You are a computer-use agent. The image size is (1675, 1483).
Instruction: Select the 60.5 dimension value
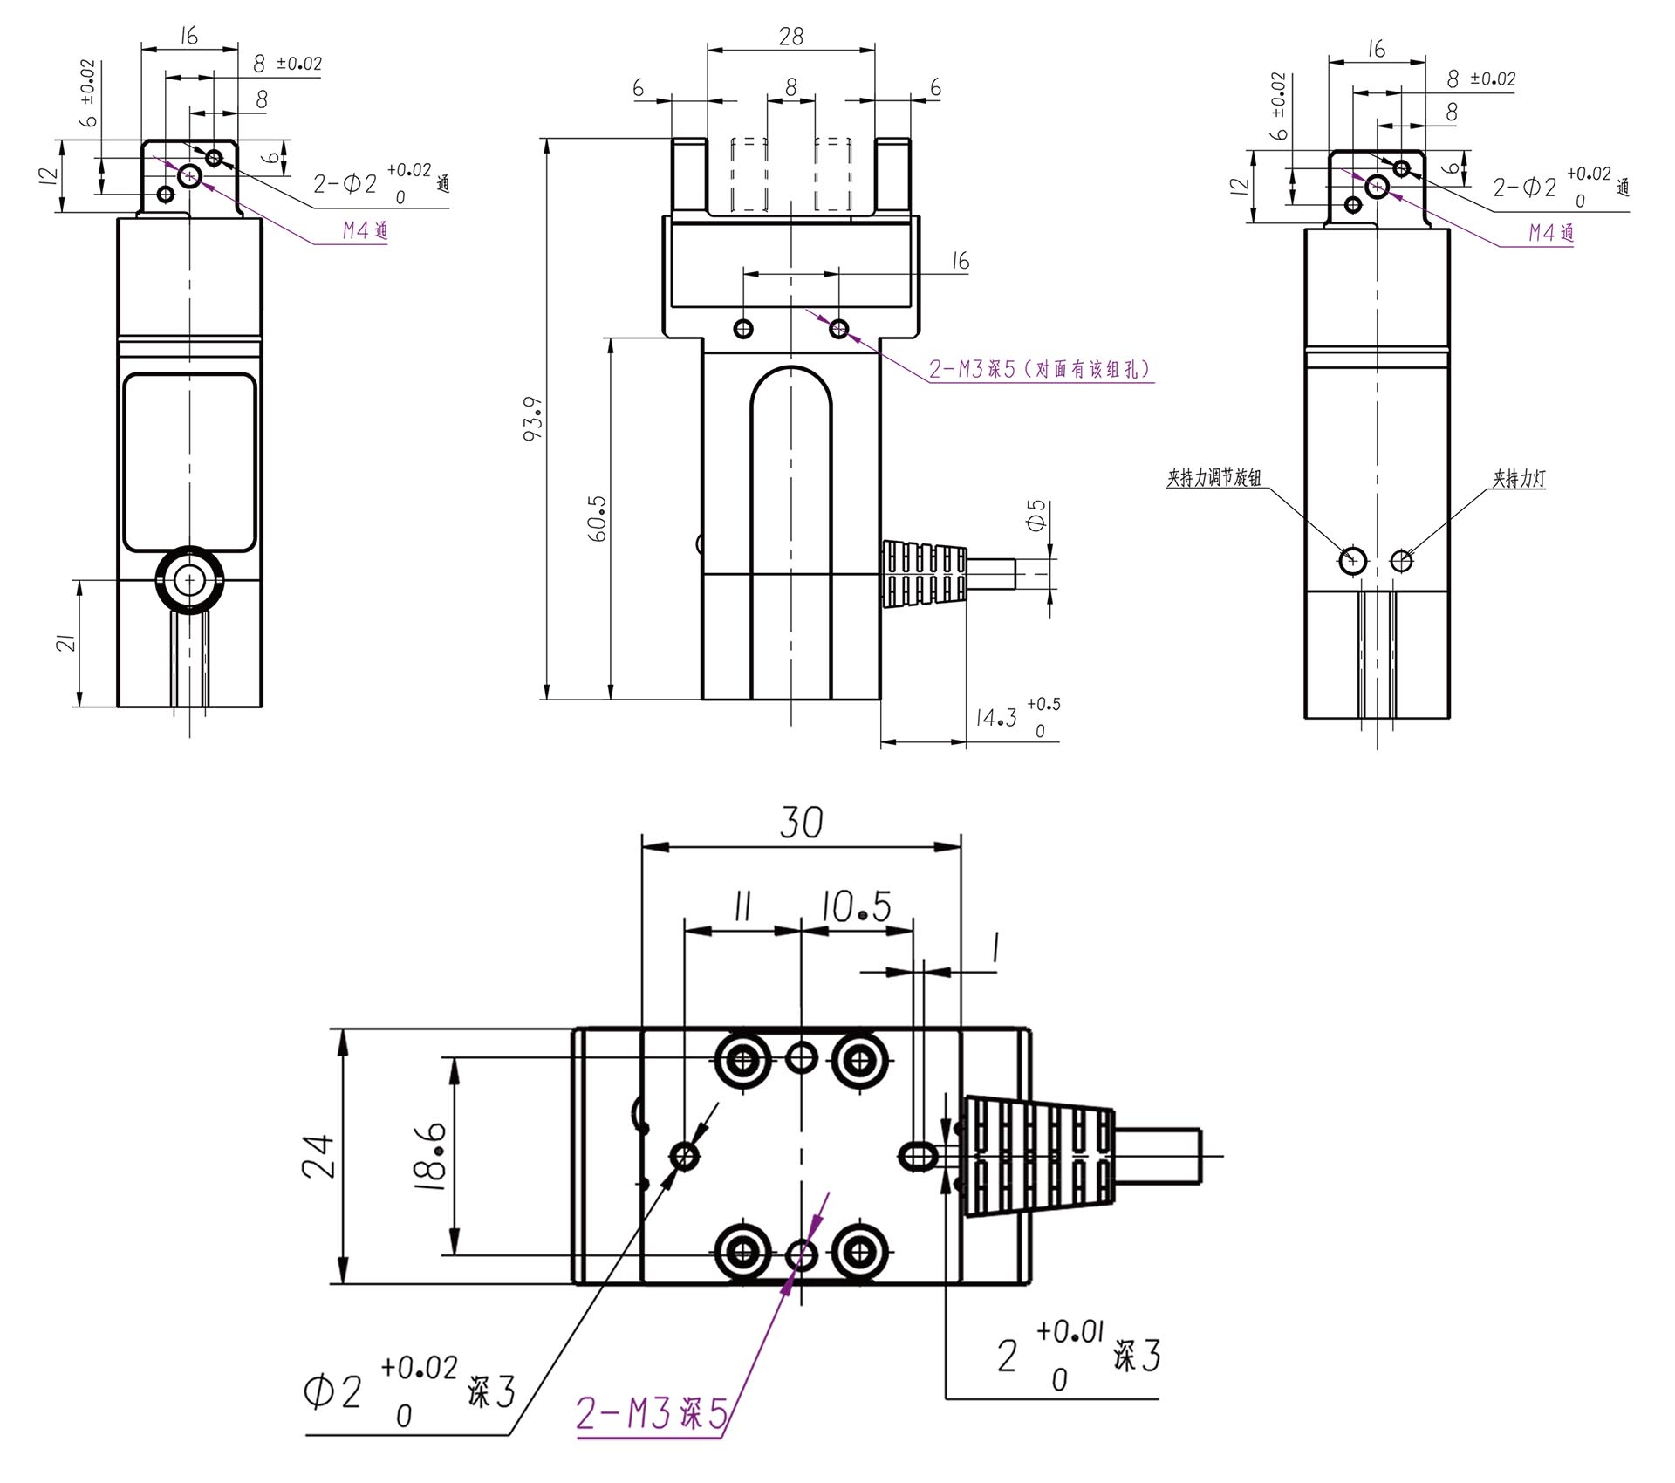(598, 519)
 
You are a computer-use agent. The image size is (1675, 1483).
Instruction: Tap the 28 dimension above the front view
(791, 36)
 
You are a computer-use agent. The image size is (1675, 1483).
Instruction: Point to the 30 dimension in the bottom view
(801, 823)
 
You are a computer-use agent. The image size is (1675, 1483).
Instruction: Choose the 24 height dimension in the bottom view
(318, 1156)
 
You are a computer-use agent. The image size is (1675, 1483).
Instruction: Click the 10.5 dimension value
(856, 907)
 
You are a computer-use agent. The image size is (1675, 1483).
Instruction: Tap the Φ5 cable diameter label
(1036, 516)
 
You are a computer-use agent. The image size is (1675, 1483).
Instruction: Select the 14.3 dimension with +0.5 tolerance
(1017, 717)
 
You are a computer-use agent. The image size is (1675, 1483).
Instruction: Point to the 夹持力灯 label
(1519, 478)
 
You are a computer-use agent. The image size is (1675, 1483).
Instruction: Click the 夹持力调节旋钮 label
(1214, 478)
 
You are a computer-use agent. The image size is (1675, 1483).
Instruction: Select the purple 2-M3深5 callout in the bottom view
(652, 1413)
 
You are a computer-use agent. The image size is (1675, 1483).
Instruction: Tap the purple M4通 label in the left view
(365, 230)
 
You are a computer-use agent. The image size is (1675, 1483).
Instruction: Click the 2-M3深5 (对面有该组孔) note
(1041, 369)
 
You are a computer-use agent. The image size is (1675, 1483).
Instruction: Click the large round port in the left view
(189, 580)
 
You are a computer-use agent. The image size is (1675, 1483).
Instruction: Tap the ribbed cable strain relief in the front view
(926, 573)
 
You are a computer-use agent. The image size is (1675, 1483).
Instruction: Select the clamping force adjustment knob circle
(1353, 559)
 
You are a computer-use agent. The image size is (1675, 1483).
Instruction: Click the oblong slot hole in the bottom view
(918, 1156)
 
